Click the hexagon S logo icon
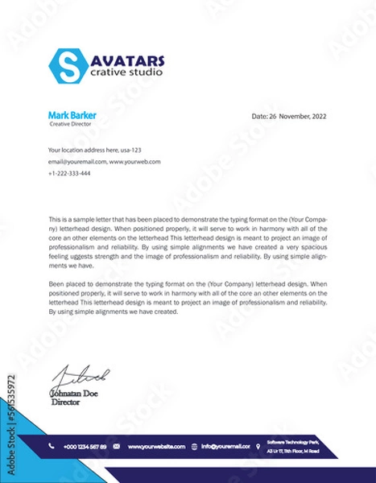65,66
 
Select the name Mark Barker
72,115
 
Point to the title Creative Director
70,124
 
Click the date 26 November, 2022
289,116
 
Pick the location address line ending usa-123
94,150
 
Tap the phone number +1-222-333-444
69,174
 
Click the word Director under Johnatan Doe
66,402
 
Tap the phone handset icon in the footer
52,446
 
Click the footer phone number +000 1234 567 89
85,446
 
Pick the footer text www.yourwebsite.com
156,446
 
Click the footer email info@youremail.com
225,446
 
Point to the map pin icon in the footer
258,446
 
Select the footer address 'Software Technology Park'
293,442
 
